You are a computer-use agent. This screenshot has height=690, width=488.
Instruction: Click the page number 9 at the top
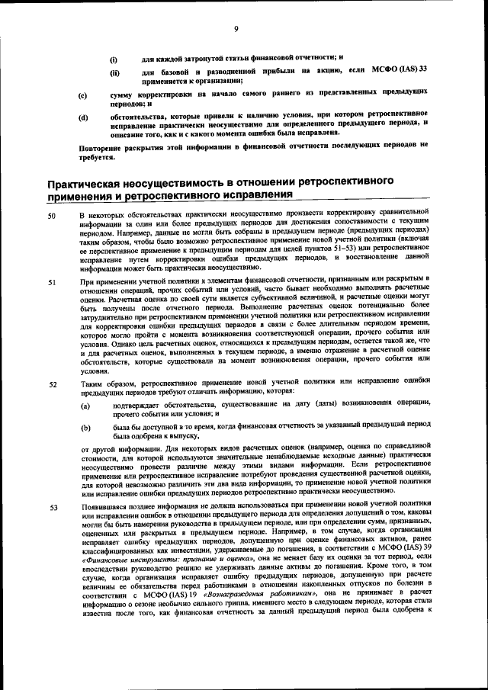click(x=236, y=30)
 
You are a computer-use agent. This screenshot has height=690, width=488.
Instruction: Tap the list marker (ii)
click(x=114, y=73)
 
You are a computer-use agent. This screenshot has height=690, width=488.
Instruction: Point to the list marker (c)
click(x=83, y=96)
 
